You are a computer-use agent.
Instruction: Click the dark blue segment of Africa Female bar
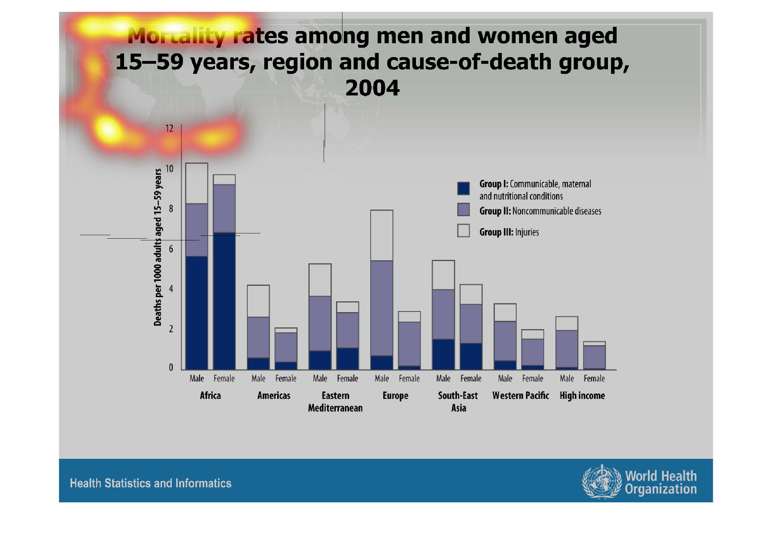224,301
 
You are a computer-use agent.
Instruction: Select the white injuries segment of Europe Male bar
381,235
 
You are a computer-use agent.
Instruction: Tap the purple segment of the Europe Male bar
381,308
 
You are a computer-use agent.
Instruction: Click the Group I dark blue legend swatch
463,188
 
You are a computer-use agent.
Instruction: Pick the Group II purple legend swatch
463,210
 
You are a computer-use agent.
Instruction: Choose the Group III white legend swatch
463,231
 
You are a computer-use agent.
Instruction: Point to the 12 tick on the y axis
169,129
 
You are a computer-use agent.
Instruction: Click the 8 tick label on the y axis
171,209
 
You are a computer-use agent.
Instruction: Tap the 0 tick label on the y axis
171,367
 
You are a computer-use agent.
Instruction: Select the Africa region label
210,396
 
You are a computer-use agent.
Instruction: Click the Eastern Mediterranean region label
335,402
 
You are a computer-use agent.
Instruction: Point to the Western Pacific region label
520,396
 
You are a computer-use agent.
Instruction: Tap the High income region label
582,396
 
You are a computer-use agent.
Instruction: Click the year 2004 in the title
372,88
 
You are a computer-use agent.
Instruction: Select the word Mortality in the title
176,36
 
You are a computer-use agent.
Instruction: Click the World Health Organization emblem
602,482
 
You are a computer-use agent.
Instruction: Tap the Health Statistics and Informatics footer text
150,483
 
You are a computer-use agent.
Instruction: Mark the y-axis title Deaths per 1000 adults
158,247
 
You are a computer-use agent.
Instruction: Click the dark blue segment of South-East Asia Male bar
443,354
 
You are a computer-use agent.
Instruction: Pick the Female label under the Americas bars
286,379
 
